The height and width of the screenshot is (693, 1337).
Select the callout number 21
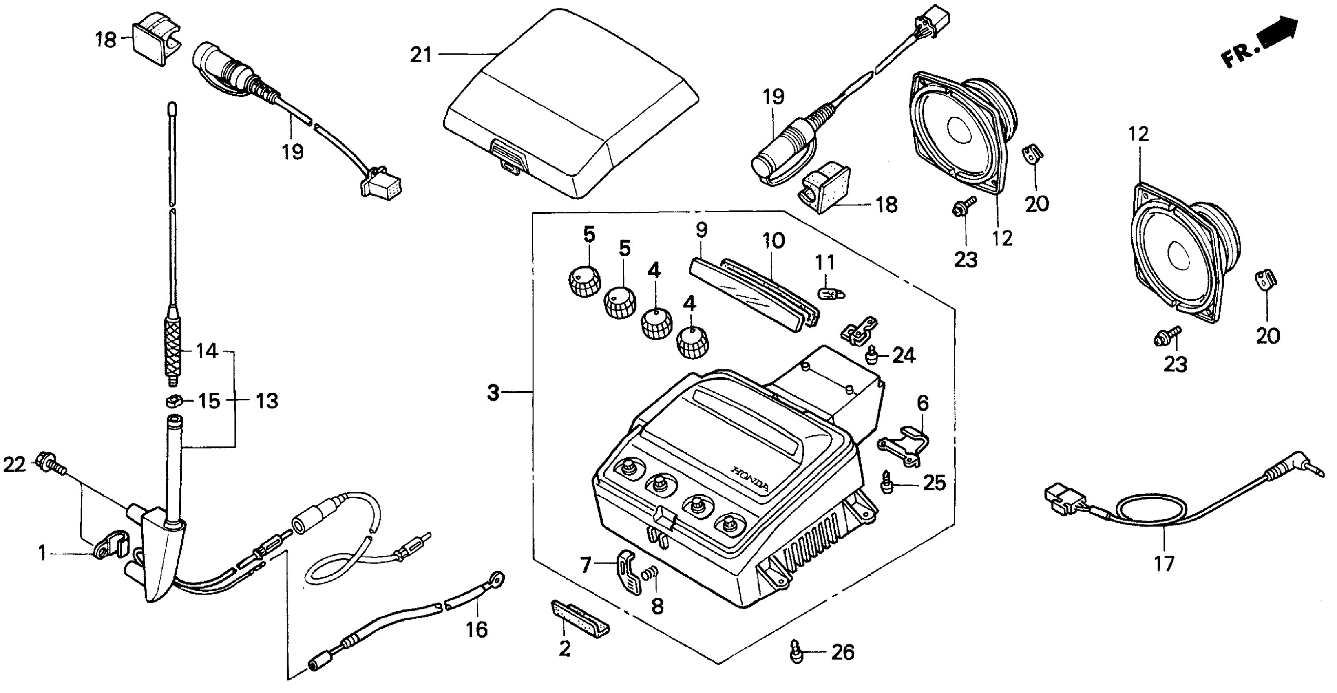click(420, 55)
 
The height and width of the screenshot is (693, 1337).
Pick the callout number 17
click(1164, 563)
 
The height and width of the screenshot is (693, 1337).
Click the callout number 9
click(701, 230)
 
